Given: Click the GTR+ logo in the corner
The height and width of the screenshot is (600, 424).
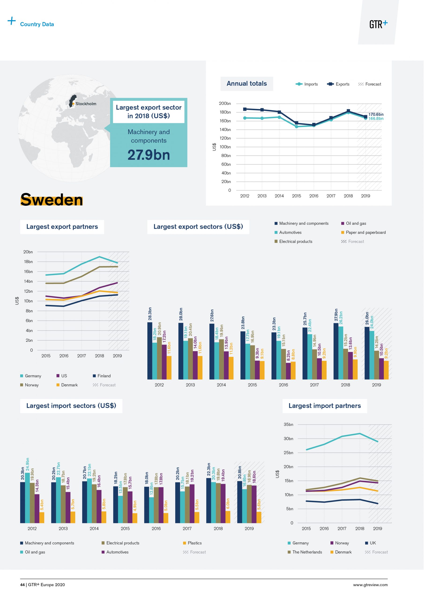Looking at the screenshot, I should (x=378, y=24).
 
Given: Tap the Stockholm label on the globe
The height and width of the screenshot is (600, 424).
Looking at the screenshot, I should (x=86, y=104).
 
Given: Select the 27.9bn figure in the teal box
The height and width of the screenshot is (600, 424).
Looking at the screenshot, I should (x=149, y=155).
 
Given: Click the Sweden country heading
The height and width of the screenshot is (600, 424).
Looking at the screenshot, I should (x=52, y=200).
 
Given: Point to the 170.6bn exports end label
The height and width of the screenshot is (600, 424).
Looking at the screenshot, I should (x=376, y=114).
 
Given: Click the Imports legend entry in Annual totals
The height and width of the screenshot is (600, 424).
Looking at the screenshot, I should (x=307, y=84).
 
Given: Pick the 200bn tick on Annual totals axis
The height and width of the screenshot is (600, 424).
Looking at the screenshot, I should (x=225, y=104).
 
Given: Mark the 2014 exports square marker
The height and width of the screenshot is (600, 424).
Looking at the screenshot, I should (x=279, y=112).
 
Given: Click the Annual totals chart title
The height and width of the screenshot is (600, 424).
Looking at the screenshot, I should (x=247, y=84).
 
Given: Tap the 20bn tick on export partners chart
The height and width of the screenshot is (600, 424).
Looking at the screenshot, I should (x=28, y=252).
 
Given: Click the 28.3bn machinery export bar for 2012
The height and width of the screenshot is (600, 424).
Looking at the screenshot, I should (x=150, y=351).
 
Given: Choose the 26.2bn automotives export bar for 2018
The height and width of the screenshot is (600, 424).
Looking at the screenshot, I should (x=341, y=353).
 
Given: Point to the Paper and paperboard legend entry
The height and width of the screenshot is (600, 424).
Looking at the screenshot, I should (x=363, y=232).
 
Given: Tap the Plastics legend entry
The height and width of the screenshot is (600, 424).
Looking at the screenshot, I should (x=192, y=543).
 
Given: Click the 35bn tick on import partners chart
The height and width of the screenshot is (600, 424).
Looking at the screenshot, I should (x=288, y=424).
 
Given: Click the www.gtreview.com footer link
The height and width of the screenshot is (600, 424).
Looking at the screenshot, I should (x=370, y=585).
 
